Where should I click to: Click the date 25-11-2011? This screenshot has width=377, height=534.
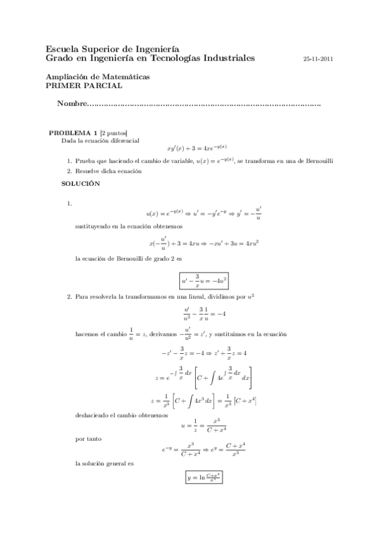pyautogui.click(x=318, y=59)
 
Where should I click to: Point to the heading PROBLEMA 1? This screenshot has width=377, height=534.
pyautogui.click(x=73, y=133)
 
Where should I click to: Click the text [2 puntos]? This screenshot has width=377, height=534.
pyautogui.click(x=113, y=133)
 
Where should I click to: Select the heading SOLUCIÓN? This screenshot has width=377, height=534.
pyautogui.click(x=81, y=183)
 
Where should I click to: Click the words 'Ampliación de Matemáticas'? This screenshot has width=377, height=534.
pyautogui.click(x=98, y=76)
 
